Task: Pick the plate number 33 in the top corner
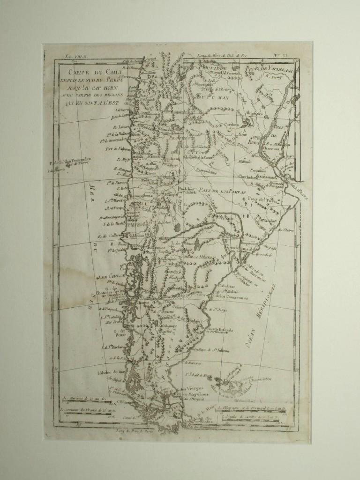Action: click(x=292, y=56)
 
